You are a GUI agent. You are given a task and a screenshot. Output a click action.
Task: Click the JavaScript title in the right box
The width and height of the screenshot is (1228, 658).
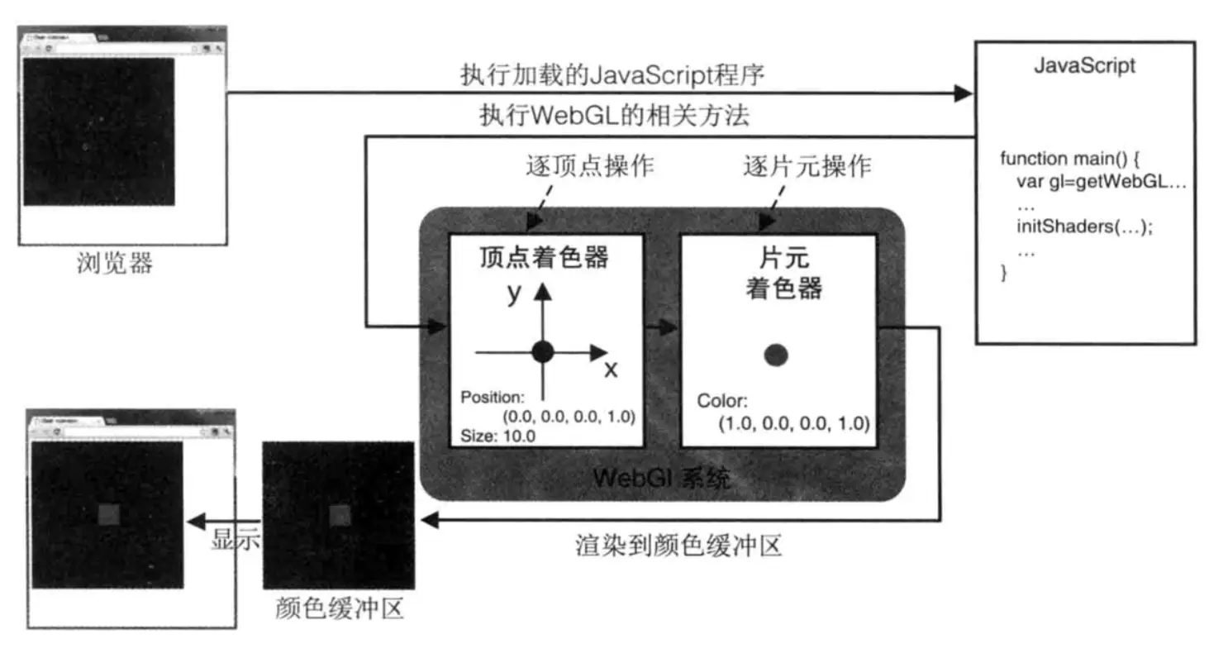[1084, 66]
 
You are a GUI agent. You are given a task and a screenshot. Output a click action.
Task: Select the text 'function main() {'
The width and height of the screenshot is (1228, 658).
[1069, 158]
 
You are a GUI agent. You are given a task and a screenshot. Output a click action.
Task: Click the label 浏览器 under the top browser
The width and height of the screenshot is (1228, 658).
[115, 264]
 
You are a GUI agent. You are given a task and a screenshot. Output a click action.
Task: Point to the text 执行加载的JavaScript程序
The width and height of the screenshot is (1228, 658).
[612, 75]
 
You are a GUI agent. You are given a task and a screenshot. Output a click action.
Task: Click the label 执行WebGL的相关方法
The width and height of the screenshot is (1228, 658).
[614, 116]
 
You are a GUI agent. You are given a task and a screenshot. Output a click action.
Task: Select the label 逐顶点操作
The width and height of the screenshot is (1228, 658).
[590, 166]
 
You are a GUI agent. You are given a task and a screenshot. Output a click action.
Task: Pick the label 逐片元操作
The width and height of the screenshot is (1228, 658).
[807, 166]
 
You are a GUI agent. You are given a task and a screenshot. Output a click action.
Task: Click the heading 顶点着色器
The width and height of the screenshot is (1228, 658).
[544, 257]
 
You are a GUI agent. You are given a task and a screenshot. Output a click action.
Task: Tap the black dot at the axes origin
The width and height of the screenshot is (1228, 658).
[542, 352]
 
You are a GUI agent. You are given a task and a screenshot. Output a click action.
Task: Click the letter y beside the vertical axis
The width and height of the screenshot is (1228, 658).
[515, 292]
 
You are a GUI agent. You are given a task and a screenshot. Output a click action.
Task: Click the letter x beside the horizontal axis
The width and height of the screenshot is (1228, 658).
[611, 369]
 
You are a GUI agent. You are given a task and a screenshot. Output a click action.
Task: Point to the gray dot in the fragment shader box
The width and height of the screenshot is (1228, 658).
[775, 355]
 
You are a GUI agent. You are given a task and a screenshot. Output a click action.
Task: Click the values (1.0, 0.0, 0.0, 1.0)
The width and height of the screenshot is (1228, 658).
[793, 423]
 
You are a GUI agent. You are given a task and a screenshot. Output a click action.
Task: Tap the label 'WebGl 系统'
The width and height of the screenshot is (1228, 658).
[661, 478]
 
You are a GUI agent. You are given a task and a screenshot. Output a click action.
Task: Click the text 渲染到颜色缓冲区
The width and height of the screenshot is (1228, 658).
[678, 546]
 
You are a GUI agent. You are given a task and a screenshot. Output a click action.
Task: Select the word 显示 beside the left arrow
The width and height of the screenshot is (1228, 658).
[236, 539]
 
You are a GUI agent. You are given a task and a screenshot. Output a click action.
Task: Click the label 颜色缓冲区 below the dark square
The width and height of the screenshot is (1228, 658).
[339, 609]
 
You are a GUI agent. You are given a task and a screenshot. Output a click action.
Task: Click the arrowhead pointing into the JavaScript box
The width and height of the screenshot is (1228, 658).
[963, 93]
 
